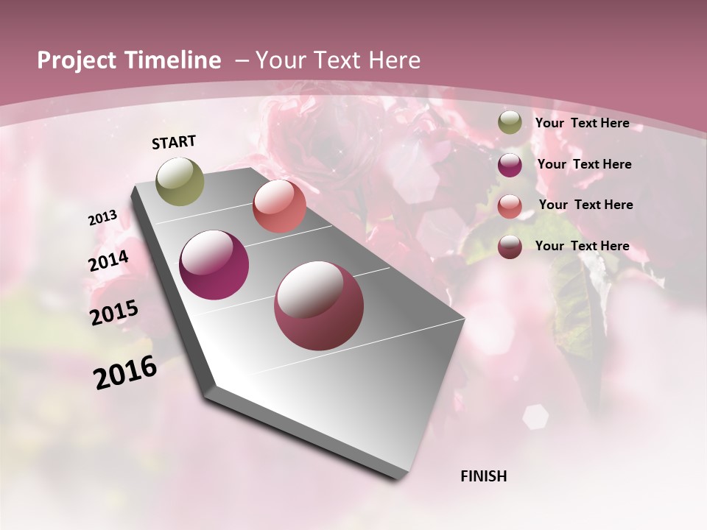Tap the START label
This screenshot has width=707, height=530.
[174, 142]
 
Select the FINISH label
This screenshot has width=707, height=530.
[484, 476]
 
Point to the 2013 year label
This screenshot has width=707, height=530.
[103, 217]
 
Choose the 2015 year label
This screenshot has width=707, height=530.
[114, 312]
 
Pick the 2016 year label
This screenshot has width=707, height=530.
[125, 372]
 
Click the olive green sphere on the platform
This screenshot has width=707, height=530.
[180, 181]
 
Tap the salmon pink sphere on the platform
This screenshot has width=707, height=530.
[279, 206]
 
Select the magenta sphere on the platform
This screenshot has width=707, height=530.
[214, 265]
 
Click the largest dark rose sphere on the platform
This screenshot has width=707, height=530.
[319, 305]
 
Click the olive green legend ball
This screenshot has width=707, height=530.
[510, 123]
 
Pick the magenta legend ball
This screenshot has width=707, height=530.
[510, 165]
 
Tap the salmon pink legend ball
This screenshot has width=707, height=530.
[510, 206]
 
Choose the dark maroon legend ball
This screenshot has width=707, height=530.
[510, 247]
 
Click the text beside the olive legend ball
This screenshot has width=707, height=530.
[583, 124]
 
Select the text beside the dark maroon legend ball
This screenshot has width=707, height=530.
[583, 246]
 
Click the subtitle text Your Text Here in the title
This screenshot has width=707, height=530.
[337, 60]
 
